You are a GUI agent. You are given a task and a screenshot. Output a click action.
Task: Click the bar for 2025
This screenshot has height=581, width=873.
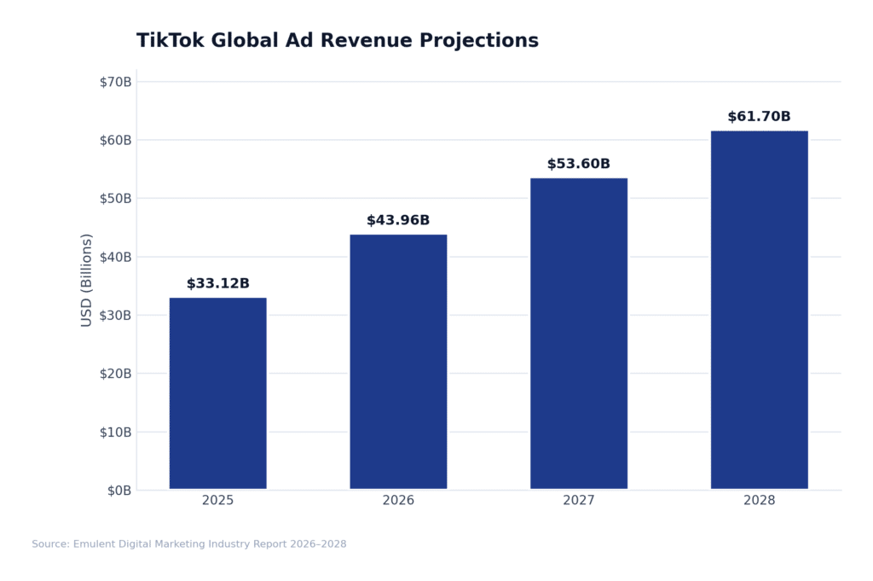217,393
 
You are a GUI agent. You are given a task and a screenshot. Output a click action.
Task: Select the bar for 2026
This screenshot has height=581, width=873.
398,362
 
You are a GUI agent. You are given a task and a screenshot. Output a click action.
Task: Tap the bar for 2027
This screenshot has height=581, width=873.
579,334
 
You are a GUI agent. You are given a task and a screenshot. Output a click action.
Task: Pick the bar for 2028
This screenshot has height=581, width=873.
759,310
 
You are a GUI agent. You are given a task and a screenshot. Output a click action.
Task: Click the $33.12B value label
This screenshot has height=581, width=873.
217,284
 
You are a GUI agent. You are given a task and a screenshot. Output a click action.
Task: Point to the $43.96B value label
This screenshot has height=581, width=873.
398,221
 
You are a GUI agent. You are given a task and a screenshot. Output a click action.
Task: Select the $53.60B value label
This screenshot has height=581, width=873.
579,165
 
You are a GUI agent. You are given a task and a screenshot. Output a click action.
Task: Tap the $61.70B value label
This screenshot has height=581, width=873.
759,117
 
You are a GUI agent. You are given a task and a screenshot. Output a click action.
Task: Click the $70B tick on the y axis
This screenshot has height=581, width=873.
116,82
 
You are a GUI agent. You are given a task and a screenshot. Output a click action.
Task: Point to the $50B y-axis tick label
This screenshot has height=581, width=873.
116,199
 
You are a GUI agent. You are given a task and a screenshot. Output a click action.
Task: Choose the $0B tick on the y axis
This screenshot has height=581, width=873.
119,491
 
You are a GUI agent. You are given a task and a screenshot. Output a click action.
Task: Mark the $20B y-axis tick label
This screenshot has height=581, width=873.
116,374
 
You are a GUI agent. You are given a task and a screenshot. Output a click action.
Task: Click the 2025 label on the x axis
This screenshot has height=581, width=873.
217,501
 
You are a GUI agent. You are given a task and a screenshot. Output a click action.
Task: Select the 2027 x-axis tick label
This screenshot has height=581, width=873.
579,501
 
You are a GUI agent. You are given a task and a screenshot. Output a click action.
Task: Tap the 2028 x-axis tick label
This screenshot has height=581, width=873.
759,501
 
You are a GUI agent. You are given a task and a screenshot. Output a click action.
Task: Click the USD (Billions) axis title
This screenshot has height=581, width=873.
87,280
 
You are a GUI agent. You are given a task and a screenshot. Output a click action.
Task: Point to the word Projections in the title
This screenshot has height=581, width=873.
484,41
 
